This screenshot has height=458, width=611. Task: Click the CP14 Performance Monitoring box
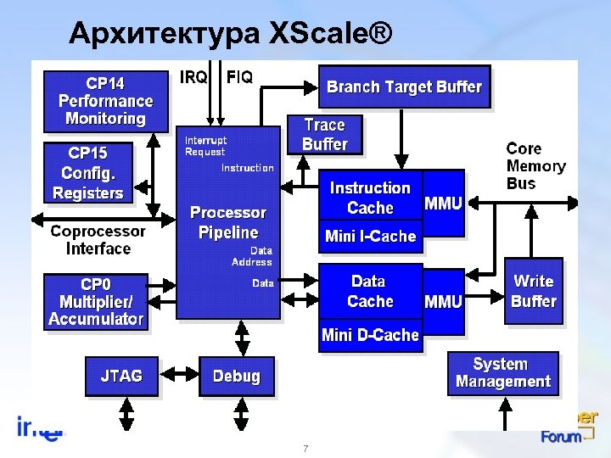point(104,101)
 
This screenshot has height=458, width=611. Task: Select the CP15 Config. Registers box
point(87,173)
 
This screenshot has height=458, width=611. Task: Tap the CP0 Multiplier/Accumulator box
point(95,301)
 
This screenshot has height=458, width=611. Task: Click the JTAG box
point(121,375)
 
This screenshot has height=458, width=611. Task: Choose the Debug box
point(237,375)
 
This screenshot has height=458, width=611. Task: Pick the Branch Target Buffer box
point(404,87)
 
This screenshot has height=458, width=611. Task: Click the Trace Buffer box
point(324,135)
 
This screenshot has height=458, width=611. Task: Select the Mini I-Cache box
point(370,237)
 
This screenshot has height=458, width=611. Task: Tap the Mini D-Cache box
point(370,335)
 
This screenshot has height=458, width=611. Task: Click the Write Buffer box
point(534,291)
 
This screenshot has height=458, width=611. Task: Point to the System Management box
point(503,372)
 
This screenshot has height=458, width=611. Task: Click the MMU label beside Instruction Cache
point(443,204)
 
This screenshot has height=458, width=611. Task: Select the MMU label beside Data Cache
point(443,301)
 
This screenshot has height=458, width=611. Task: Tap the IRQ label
point(193,77)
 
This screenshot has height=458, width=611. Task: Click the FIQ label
point(238,77)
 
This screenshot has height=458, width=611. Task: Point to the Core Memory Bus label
point(535,165)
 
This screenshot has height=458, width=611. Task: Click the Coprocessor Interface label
point(98,240)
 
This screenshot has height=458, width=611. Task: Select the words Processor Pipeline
point(227,222)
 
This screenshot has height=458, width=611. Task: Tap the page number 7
point(305,447)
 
